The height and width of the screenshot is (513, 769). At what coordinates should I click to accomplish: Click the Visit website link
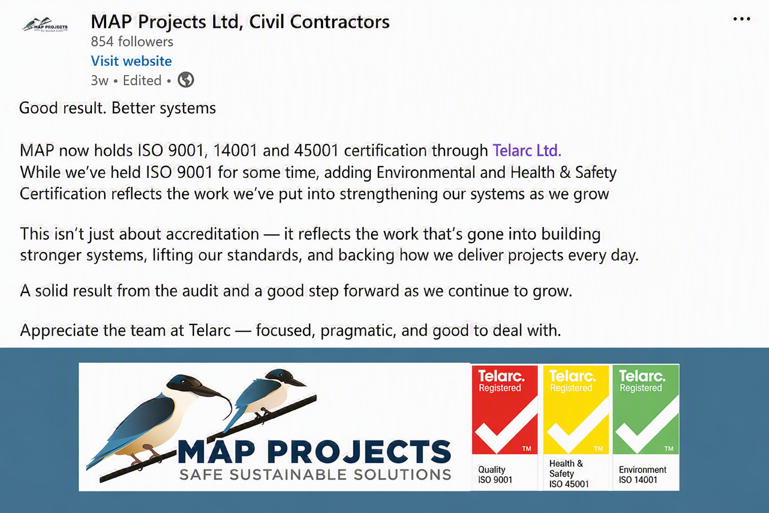point(131,61)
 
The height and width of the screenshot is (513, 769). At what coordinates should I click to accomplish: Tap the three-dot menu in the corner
point(741,19)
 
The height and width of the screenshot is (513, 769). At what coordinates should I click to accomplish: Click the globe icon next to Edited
point(186,80)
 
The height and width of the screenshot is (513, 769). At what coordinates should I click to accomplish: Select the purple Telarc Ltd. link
point(527,150)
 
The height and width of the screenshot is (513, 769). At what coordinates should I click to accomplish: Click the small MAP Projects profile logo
point(45,25)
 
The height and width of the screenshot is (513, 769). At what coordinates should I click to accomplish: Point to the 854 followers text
point(132,42)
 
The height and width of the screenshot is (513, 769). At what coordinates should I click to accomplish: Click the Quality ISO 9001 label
point(495,474)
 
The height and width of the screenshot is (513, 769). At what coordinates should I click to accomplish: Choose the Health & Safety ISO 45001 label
point(569,473)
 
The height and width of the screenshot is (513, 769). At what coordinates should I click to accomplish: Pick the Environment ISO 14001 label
point(642,474)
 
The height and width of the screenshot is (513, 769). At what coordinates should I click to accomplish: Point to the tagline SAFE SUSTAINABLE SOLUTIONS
point(315,474)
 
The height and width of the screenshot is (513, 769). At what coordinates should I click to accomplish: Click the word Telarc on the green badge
point(642,376)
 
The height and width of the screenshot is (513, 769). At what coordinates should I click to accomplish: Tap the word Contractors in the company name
point(340,22)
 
